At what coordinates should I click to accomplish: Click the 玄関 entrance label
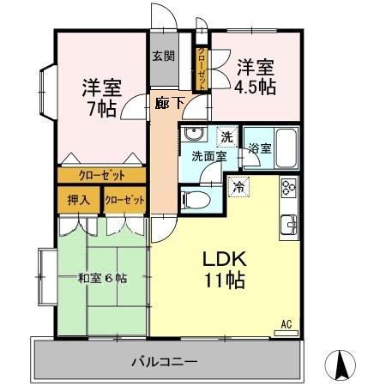click(x=164, y=57)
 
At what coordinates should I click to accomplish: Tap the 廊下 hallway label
click(x=170, y=102)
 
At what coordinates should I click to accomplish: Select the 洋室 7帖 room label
click(x=102, y=97)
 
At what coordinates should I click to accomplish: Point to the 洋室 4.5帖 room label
click(x=256, y=75)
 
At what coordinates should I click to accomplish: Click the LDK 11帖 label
click(x=226, y=268)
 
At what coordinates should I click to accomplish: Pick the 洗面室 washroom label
click(x=208, y=157)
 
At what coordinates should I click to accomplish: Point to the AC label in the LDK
click(x=288, y=324)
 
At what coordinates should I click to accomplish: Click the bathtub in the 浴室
click(x=283, y=151)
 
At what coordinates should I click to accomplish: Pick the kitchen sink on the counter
click(x=289, y=226)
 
